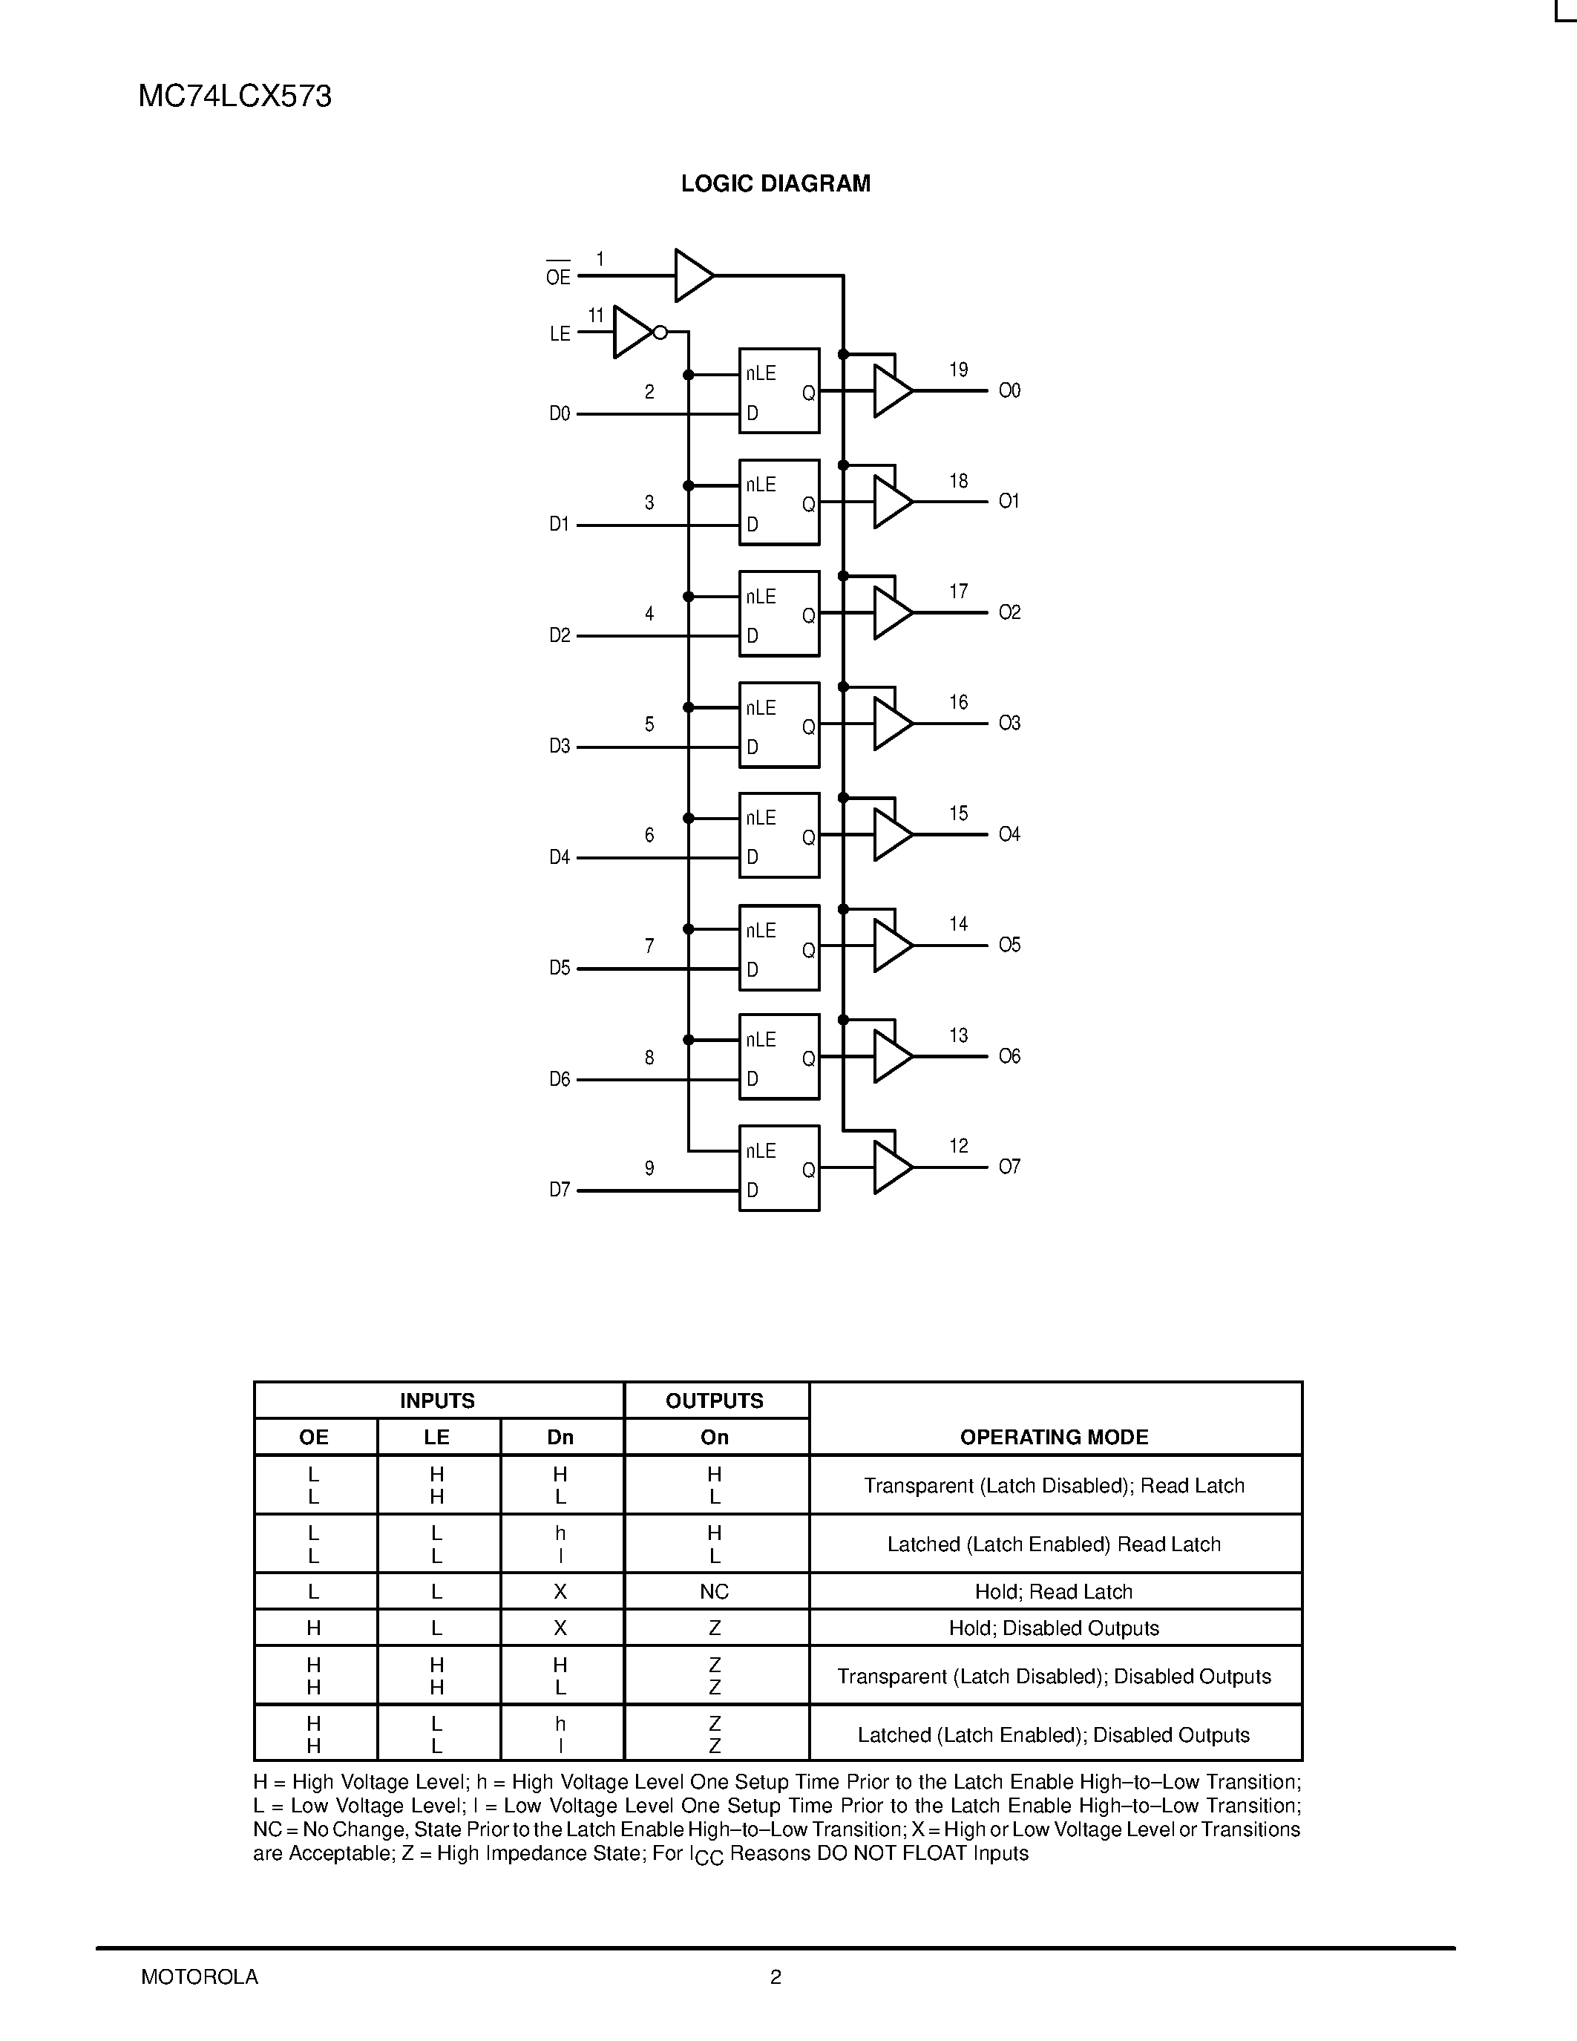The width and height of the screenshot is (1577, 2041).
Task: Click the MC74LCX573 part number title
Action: (235, 97)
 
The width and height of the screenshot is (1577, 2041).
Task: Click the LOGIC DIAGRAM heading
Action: (776, 184)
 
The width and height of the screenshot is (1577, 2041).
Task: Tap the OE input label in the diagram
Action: (558, 277)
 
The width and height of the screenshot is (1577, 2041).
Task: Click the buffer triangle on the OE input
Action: (692, 275)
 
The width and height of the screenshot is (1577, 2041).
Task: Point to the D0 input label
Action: (560, 413)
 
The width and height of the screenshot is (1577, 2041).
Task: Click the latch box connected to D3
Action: (779, 725)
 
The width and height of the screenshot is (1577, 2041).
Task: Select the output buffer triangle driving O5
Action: (891, 946)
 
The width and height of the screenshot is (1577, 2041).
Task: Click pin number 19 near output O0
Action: (959, 370)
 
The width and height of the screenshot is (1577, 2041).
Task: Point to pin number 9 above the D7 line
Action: (649, 1168)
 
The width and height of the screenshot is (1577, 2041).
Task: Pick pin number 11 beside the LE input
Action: (596, 316)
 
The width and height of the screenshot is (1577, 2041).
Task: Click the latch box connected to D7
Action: (779, 1168)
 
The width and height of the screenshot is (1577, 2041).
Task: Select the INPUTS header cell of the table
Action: (437, 1400)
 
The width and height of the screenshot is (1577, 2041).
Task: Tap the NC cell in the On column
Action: (715, 1591)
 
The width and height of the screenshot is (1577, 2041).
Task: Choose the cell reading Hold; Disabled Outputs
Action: (1054, 1628)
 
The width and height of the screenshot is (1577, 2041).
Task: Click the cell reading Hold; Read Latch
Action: (1054, 1591)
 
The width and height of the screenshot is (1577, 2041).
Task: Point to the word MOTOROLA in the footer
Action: (200, 1976)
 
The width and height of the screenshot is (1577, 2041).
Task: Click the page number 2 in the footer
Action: (776, 1976)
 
